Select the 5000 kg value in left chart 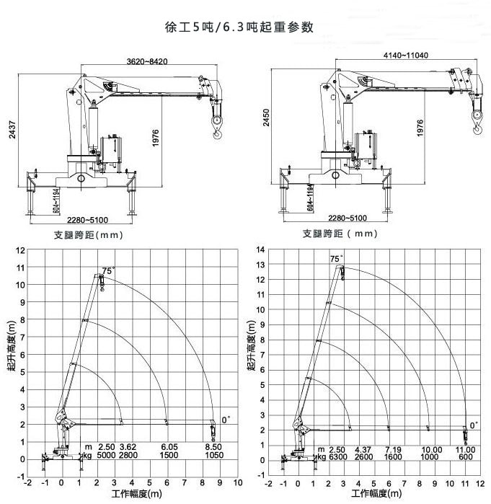(107, 456)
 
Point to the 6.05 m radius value (169, 447)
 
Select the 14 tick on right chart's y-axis (261, 250)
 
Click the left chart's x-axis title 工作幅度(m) (136, 495)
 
